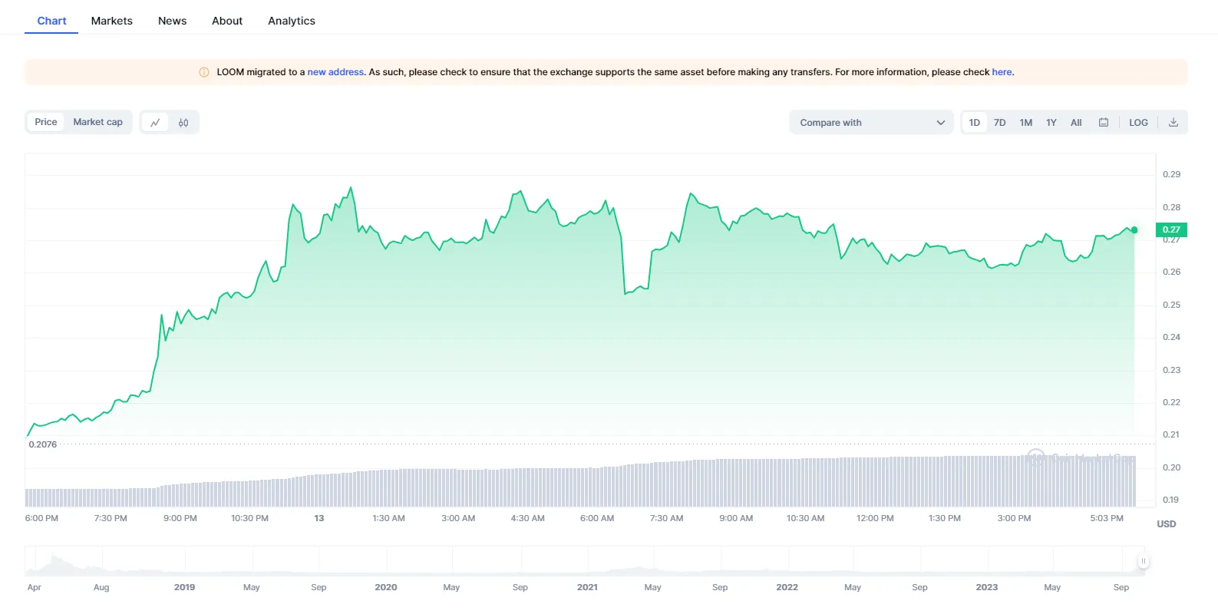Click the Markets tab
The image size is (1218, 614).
(111, 21)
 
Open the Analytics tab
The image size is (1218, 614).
(291, 21)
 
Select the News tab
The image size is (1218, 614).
(172, 21)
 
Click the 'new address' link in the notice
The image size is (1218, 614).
(335, 72)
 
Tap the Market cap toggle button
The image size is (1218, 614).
(97, 122)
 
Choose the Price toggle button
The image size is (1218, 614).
(46, 122)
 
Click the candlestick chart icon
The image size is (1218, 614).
(183, 123)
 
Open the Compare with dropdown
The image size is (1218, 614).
(871, 123)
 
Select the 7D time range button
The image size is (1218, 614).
(999, 123)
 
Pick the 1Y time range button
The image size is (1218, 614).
(1051, 123)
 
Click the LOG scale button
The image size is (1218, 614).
(1138, 123)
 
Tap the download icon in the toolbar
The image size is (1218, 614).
(1173, 122)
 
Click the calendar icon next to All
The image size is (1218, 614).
(1103, 122)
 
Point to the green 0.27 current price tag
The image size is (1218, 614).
(1171, 229)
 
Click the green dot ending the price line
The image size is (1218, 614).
(1134, 230)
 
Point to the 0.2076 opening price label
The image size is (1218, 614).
(43, 444)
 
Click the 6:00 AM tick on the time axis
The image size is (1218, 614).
(597, 518)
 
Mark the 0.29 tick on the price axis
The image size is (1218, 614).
(1171, 174)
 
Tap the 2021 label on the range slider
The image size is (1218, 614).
(587, 587)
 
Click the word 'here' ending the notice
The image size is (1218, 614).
(1002, 72)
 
